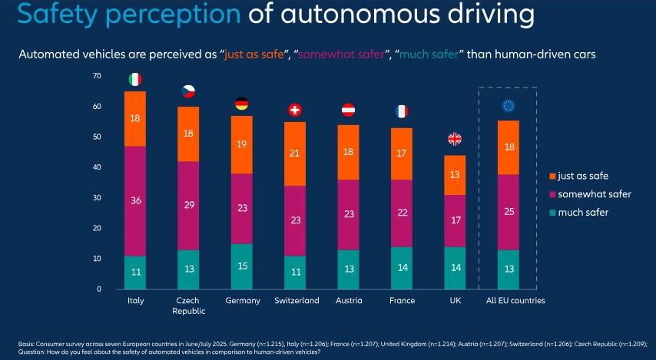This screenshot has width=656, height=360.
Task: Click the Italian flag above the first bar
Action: point(135,79)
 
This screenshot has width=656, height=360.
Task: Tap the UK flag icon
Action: point(455,139)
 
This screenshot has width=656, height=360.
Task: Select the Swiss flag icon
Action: point(295,110)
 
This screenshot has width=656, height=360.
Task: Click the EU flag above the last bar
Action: point(508,106)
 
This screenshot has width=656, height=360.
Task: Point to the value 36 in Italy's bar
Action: point(135,201)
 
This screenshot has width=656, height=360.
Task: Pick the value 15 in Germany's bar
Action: point(241,266)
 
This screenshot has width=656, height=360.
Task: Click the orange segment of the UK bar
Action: point(455,175)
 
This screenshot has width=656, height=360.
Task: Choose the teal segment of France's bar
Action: point(402,268)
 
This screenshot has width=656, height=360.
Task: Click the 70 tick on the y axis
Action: point(97,76)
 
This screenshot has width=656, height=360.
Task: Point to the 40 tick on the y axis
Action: point(97,167)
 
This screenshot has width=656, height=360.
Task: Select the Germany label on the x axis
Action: point(241,301)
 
